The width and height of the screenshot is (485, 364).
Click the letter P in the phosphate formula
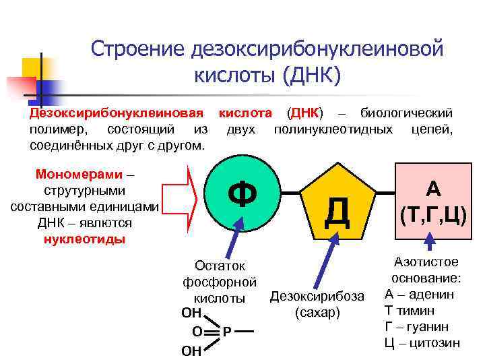(x=228, y=332)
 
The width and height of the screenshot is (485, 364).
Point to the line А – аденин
(x=420, y=294)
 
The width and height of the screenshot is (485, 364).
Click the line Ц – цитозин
(x=422, y=342)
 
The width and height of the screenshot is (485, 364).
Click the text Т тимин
(x=409, y=310)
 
